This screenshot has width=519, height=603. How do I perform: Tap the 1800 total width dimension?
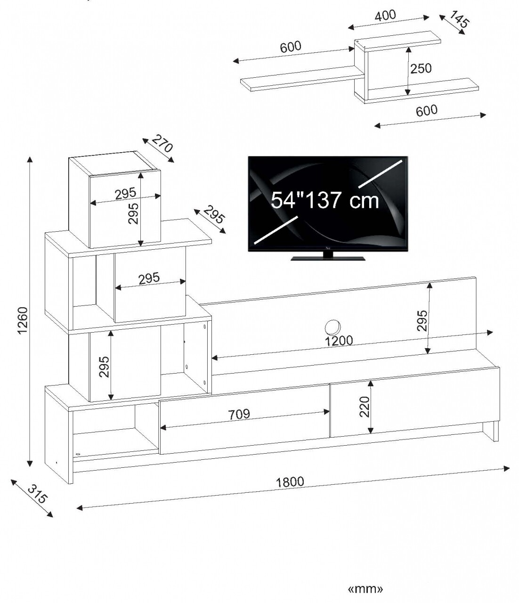(290, 482)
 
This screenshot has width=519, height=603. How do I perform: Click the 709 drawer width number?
(239, 414)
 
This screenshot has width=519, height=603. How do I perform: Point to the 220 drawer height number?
(365, 407)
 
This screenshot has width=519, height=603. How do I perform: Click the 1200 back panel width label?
(339, 341)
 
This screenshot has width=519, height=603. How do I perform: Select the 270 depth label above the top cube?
(162, 143)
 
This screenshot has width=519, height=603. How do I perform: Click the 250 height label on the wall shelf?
(421, 68)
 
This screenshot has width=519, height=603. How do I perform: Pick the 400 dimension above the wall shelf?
(385, 16)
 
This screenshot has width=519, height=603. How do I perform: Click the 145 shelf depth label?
(459, 19)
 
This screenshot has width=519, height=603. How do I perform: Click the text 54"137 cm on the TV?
(325, 200)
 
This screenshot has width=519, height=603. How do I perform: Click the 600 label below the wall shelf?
(427, 111)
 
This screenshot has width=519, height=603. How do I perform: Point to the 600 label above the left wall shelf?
(291, 47)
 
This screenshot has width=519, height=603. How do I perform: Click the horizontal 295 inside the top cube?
(125, 193)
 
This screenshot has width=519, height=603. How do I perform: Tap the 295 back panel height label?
(422, 321)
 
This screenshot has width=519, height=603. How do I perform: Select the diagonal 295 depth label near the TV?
(214, 214)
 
